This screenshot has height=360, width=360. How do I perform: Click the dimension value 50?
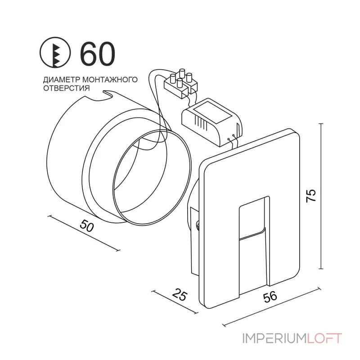tap(87, 225)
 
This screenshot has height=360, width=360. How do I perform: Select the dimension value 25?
tap(179, 296)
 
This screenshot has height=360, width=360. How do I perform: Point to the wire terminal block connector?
tap(182, 83)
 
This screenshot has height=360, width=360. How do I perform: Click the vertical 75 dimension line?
tap(321, 193)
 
